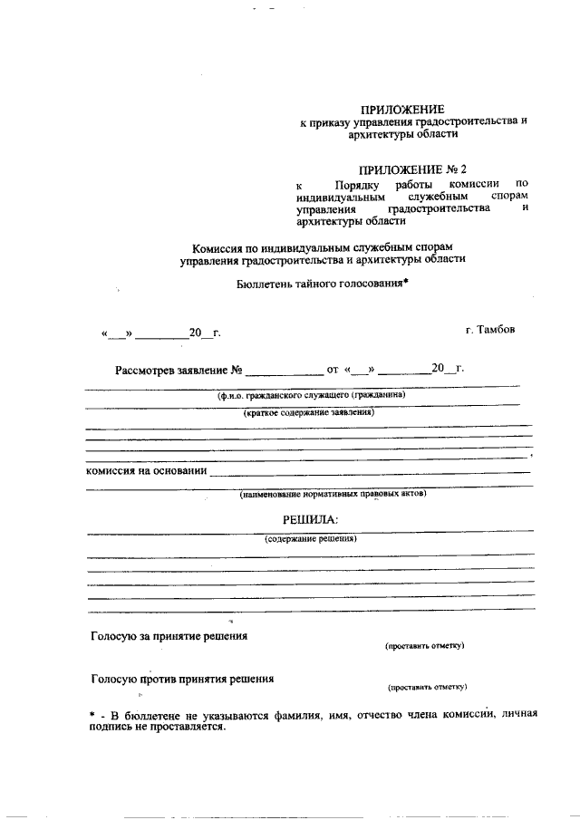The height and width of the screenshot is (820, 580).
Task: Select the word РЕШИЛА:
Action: point(310,519)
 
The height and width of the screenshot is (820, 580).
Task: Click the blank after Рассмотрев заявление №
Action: point(284,371)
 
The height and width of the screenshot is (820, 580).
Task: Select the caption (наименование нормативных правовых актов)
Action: point(333,494)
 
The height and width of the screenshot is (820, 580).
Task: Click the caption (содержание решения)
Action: point(311,538)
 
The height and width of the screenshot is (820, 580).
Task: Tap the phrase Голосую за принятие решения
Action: point(169,636)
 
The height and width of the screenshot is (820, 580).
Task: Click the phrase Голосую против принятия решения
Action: point(182,679)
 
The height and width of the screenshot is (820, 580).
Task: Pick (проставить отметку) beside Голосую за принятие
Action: point(424,646)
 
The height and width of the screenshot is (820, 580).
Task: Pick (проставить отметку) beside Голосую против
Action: point(427,687)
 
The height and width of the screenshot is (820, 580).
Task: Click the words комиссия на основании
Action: point(146,471)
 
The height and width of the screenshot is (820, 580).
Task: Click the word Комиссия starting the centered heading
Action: point(220,247)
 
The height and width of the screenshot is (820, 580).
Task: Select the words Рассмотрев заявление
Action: point(170,370)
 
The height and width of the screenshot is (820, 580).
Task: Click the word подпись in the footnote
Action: point(112,727)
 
